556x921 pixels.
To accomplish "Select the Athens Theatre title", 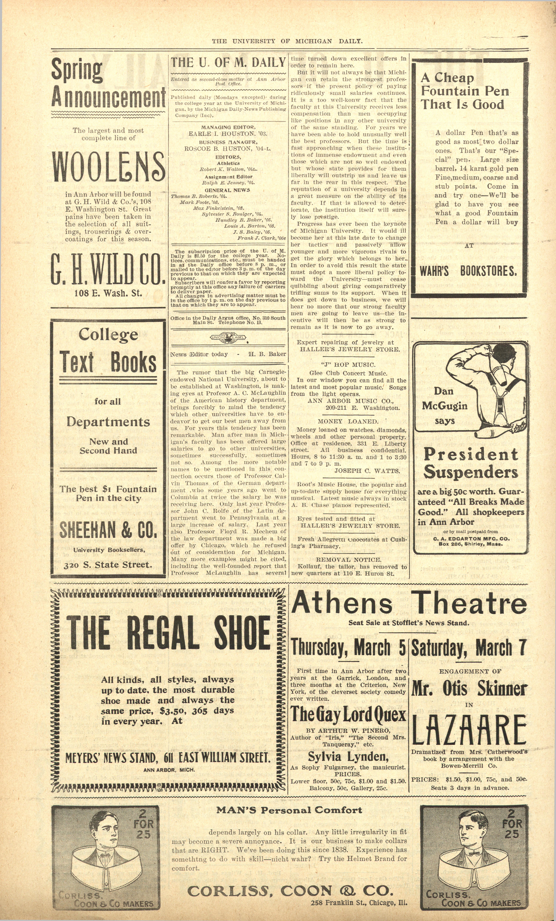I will (x=409, y=604).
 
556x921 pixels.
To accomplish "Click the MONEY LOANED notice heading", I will (x=348, y=421).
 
